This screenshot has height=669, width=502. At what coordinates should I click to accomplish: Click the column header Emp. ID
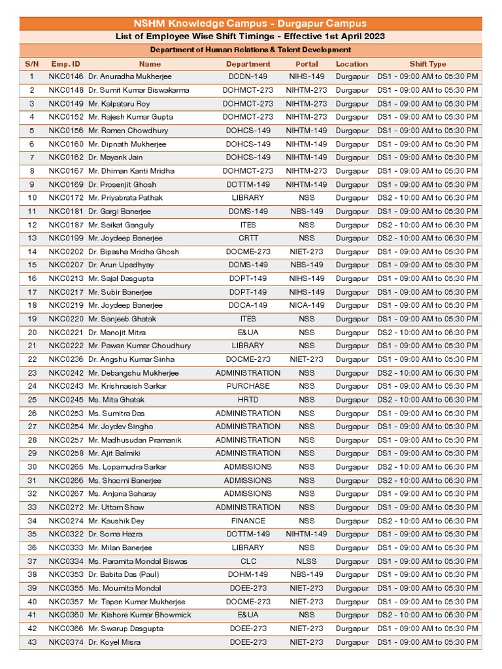66,64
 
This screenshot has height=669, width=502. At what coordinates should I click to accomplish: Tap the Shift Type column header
427,64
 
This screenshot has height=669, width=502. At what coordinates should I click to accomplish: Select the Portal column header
307,64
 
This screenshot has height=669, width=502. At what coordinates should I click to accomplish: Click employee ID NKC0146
66,77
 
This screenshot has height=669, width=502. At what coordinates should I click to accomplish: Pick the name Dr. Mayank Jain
116,157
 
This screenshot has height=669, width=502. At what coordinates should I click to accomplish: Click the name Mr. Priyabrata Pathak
125,198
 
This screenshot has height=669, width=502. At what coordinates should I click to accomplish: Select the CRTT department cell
248,238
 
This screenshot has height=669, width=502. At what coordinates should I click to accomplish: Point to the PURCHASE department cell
248,386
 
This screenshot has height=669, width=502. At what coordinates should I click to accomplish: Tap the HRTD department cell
248,400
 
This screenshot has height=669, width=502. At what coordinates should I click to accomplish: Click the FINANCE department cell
248,521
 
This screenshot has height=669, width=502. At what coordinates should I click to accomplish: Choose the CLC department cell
248,561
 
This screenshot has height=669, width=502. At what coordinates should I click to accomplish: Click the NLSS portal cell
307,561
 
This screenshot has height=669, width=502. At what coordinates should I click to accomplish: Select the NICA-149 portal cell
307,305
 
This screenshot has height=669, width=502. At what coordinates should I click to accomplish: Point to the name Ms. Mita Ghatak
116,400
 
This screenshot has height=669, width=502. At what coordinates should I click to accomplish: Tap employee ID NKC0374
66,642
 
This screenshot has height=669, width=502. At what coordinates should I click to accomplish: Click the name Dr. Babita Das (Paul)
124,575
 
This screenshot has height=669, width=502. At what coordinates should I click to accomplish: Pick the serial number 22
32,359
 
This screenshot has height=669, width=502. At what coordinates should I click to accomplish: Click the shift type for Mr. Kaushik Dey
427,521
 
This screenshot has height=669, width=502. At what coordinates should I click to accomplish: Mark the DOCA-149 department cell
248,305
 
